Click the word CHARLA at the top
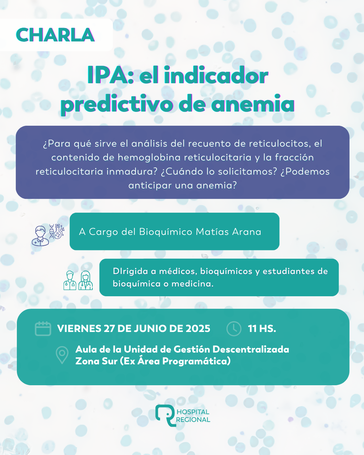click(x=55, y=35)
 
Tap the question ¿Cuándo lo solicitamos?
click(x=219, y=172)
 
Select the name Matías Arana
click(x=229, y=232)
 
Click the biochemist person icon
click(x=40, y=236)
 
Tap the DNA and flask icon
click(x=57, y=232)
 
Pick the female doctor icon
click(x=86, y=280)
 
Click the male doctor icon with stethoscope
click(x=70, y=280)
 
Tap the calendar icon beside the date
click(x=43, y=329)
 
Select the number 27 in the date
click(x=109, y=329)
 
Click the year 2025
click(x=198, y=329)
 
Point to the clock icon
click(x=234, y=329)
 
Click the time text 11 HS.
click(x=262, y=329)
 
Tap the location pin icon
click(x=62, y=355)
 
